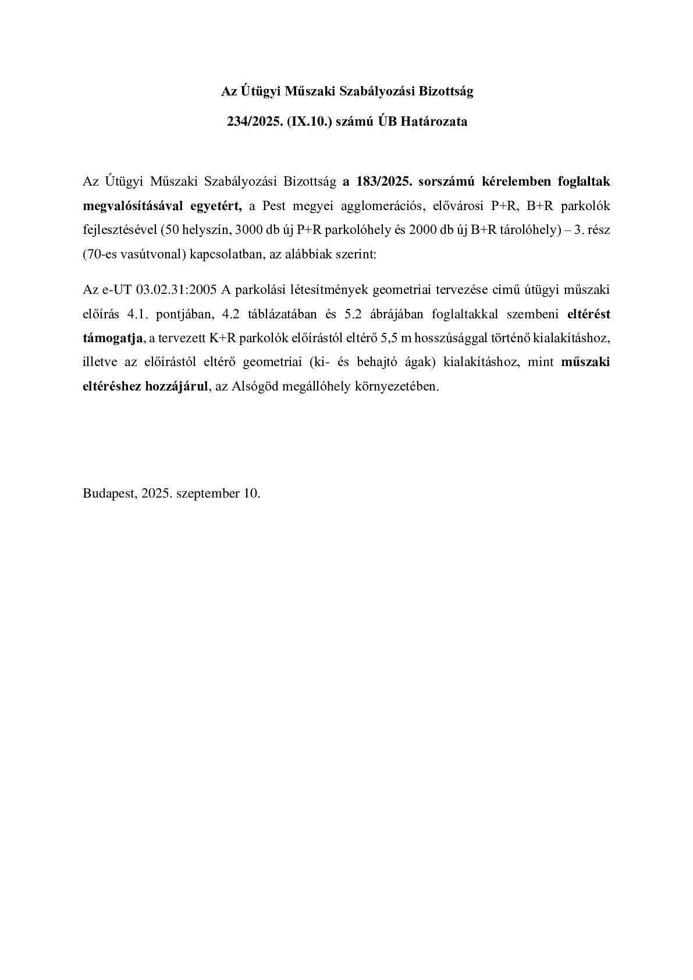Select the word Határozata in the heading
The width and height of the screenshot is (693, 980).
pos(438,122)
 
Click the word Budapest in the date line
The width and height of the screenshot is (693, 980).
pos(109,493)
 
